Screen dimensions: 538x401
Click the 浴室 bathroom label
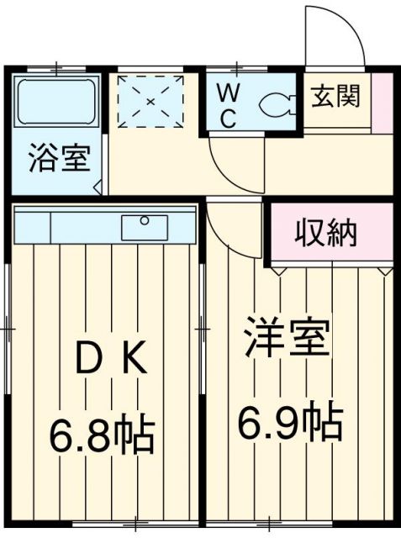click(x=60, y=160)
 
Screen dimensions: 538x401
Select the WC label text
click(x=229, y=104)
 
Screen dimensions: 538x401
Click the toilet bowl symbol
click(x=275, y=104)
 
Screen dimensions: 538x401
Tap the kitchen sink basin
click(x=145, y=227)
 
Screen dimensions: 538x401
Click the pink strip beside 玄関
click(x=380, y=103)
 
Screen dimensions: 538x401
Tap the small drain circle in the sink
click(x=144, y=220)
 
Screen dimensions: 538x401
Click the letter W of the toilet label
click(x=229, y=91)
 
